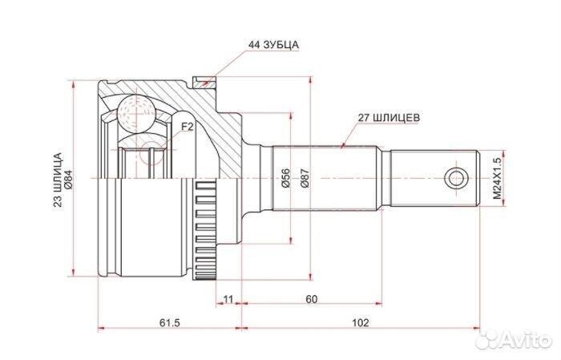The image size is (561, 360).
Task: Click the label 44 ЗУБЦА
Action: coord(272,45)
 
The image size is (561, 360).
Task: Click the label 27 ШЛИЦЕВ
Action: coord(387,116)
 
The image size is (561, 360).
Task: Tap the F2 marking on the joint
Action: coord(187,127)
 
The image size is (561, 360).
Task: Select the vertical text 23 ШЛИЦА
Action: coord(57,179)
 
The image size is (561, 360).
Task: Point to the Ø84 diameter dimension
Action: coord(68,179)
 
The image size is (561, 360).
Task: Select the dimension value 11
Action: coord(228,299)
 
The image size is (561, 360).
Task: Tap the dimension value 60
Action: coord(312,299)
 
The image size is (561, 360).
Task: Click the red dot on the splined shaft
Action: coord(342,146)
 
